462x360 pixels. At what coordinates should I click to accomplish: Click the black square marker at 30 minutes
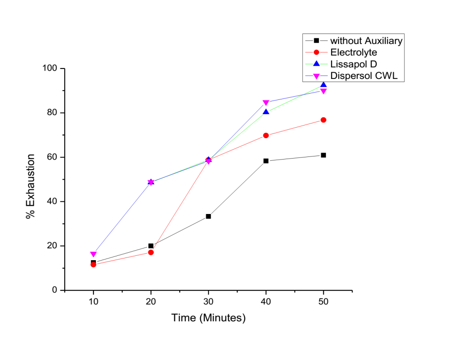pyautogui.click(x=209, y=216)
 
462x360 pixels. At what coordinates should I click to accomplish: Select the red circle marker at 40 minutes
pyautogui.click(x=266, y=136)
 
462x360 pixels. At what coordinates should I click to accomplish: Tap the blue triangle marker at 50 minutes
pyautogui.click(x=323, y=85)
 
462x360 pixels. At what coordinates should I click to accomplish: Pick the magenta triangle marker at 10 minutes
pyautogui.click(x=93, y=254)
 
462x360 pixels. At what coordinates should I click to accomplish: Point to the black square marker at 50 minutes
pyautogui.click(x=323, y=155)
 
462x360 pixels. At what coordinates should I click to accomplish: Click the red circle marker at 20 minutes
pyautogui.click(x=151, y=252)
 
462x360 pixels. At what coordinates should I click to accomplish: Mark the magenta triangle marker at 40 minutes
pyautogui.click(x=266, y=103)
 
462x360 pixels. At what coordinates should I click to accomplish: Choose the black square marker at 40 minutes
pyautogui.click(x=266, y=161)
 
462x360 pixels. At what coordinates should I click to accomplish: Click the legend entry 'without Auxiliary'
pyautogui.click(x=366, y=41)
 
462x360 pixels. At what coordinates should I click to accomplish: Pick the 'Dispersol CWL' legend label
pyautogui.click(x=362, y=75)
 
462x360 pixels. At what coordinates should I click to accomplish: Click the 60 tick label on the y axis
pyautogui.click(x=53, y=157)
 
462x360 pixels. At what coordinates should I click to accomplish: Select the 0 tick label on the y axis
pyautogui.click(x=55, y=290)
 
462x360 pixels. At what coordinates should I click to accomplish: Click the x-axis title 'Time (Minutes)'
pyautogui.click(x=209, y=318)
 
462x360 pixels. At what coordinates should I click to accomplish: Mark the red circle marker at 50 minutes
pyautogui.click(x=323, y=120)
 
